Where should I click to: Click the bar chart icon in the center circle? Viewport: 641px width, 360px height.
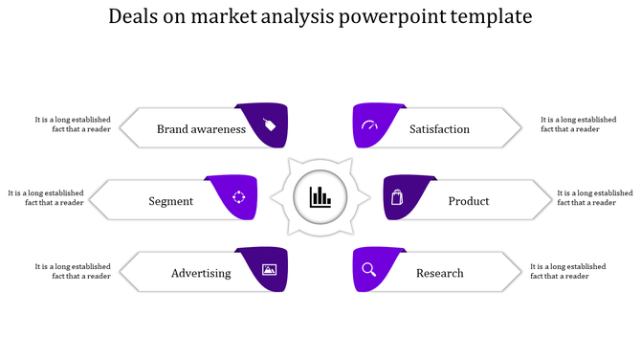click(x=320, y=198)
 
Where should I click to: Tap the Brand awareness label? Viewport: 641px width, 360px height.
click(x=201, y=129)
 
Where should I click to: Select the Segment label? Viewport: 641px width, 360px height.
click(x=171, y=201)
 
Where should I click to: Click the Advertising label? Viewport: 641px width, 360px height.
click(x=201, y=273)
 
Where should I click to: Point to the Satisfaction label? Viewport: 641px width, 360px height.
click(x=439, y=129)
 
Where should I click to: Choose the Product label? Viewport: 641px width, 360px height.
click(x=469, y=201)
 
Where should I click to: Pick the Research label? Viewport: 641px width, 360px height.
click(x=439, y=273)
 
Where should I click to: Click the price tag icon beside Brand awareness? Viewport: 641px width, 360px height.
click(x=270, y=125)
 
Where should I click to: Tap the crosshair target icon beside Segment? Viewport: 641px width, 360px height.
click(x=239, y=197)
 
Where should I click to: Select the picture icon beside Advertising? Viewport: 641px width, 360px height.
click(x=269, y=270)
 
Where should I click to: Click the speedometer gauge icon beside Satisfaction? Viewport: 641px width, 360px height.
click(x=370, y=125)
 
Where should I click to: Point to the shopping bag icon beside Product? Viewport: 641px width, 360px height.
click(x=398, y=197)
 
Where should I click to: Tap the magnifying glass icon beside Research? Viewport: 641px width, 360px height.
click(x=369, y=270)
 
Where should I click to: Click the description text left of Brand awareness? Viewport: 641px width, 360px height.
click(x=73, y=124)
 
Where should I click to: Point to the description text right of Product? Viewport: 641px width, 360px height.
click(x=594, y=197)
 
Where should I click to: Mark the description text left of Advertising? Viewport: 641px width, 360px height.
click(x=73, y=271)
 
